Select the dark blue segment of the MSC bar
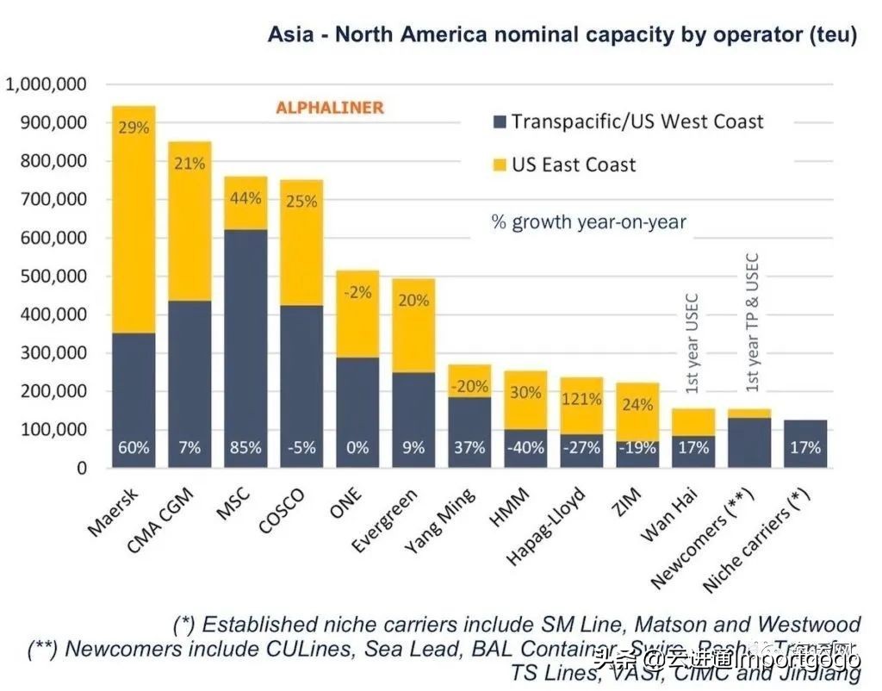(x=245, y=345)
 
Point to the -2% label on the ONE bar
(x=357, y=292)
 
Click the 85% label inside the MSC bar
(x=245, y=448)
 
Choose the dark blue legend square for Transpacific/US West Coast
(x=498, y=121)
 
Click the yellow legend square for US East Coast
(x=498, y=165)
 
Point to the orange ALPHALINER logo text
(x=329, y=109)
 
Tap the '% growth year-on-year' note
(x=588, y=222)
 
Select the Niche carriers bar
(x=805, y=444)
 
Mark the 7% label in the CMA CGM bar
(x=189, y=448)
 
